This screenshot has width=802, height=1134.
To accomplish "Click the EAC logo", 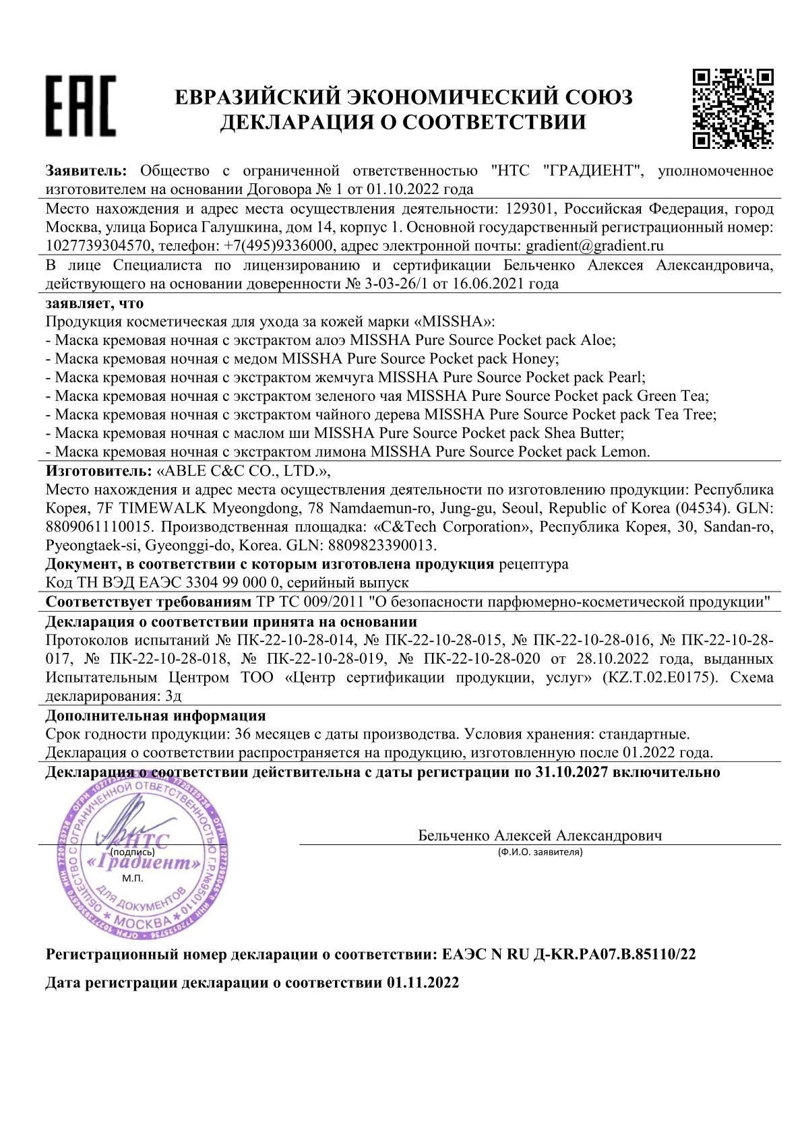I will [80, 106].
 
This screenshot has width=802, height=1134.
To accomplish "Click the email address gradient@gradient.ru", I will [595, 245].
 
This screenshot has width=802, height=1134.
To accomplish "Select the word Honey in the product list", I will [535, 358].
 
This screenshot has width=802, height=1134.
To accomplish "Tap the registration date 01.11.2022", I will [423, 982].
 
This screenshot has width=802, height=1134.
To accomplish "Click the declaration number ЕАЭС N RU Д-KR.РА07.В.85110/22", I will [569, 954].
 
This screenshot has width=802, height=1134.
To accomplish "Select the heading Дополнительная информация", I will [156, 716].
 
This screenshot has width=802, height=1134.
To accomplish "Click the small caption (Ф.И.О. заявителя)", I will [540, 852].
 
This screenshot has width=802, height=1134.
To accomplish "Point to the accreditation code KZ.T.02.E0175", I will [658, 678].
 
